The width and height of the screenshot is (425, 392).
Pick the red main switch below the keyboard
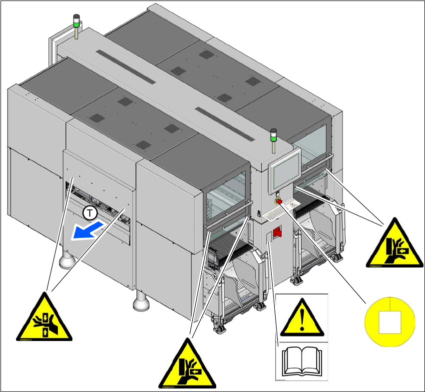click(x=278, y=231)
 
